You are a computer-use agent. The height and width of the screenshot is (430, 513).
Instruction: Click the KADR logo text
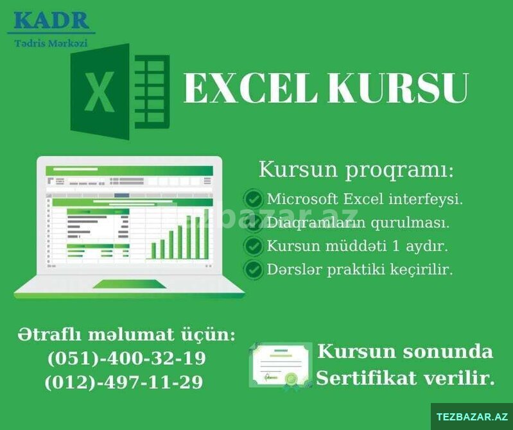tap(51, 21)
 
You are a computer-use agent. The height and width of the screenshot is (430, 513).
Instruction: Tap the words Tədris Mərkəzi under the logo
tap(51, 43)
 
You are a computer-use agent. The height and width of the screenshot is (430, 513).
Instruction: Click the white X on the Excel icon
tap(100, 92)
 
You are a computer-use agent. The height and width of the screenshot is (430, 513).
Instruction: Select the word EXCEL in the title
tap(250, 89)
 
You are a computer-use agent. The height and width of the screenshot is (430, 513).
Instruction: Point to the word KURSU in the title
tap(399, 89)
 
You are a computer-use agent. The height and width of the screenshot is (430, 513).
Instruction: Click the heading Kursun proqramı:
tap(356, 170)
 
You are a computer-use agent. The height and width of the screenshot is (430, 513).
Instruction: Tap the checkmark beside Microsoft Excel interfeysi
tap(253, 198)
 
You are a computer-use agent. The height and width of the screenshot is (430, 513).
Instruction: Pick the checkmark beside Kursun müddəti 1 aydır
tap(253, 246)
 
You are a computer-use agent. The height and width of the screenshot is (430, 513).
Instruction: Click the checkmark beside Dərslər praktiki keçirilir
tap(253, 270)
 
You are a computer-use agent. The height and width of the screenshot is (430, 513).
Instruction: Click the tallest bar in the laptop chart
tap(207, 234)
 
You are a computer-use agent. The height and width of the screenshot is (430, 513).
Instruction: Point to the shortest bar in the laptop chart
tap(153, 251)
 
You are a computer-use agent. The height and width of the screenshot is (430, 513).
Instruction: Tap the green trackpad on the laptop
tap(130, 284)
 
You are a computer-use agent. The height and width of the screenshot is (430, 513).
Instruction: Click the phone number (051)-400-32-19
tap(127, 358)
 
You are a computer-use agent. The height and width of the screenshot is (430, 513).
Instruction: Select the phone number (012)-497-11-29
tap(124, 382)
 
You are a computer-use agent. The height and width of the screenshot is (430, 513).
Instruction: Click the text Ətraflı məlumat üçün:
tap(126, 335)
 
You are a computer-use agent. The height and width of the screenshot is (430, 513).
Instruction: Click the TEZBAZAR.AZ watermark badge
tap(472, 417)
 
